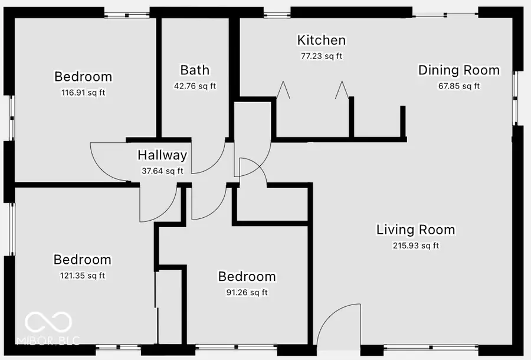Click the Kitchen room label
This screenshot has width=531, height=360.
pyautogui.click(x=321, y=40)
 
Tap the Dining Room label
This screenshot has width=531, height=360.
pyautogui.click(x=458, y=70)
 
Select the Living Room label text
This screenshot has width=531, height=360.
pyautogui.click(x=415, y=230)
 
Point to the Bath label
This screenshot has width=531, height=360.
pyautogui.click(x=195, y=70)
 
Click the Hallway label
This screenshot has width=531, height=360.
pyautogui.click(x=162, y=155)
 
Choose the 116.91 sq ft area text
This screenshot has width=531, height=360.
pyautogui.click(x=83, y=93)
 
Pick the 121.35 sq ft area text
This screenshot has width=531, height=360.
pyautogui.click(x=83, y=275)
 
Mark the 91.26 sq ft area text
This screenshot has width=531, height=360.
pyautogui.click(x=247, y=292)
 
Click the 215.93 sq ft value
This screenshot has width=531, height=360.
pyautogui.click(x=415, y=246)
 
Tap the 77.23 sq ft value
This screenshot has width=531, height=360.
pyautogui.click(x=321, y=56)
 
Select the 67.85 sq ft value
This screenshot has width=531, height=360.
pyautogui.click(x=458, y=86)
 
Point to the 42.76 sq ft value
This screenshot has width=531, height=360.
pyautogui.click(x=195, y=86)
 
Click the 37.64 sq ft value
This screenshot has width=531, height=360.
pyautogui.click(x=162, y=171)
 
